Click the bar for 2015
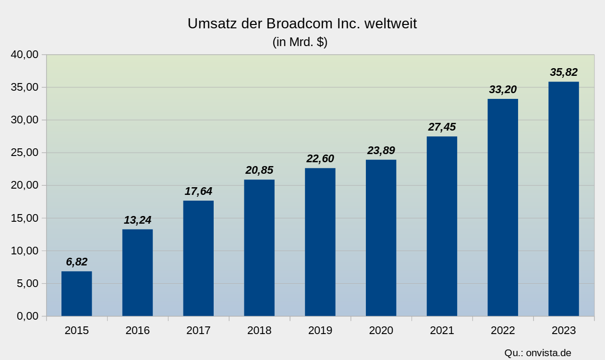76,294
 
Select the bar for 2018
259,248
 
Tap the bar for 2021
442,226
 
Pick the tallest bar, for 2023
564,199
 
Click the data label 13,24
137,220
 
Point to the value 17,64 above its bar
198,192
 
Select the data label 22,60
320,159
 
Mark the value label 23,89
381,151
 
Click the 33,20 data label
503,90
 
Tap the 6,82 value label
77,262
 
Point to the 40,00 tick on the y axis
24,55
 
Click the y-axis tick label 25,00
24,153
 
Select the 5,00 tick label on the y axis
27,284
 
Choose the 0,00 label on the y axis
27,316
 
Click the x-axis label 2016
137,330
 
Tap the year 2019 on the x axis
320,330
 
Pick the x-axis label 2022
503,330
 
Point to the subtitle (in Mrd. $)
300,42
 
